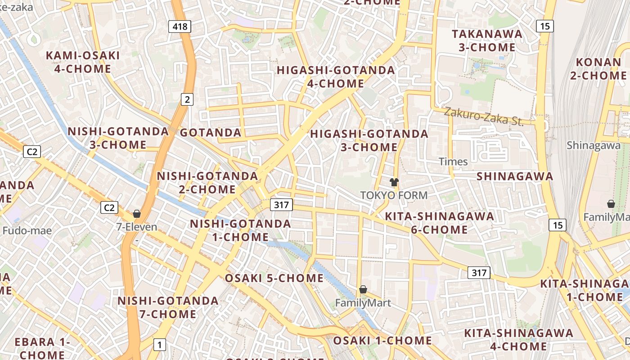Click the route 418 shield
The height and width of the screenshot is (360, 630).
(x=180, y=27)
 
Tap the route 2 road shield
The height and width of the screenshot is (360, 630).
(x=187, y=99)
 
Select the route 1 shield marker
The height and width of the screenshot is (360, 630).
(x=159, y=345)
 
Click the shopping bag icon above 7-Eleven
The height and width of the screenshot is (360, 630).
(x=136, y=214)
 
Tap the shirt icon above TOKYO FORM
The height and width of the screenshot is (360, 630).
(x=394, y=182)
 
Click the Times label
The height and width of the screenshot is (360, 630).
(x=453, y=161)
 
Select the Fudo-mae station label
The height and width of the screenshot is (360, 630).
(x=27, y=231)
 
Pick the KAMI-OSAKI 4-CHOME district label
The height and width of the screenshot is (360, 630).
(x=83, y=62)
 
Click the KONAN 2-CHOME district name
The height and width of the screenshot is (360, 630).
(x=598, y=69)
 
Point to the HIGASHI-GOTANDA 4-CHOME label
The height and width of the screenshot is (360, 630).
(x=336, y=76)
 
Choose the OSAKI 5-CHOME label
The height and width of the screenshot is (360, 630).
(x=274, y=278)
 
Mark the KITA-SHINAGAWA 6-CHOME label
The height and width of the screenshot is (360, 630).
(x=439, y=223)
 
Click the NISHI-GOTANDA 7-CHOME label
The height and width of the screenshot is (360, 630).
(x=168, y=307)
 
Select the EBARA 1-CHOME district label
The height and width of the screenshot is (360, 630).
(x=42, y=348)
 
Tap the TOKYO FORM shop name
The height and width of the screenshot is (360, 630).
(x=394, y=195)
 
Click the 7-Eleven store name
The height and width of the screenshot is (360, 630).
(x=137, y=227)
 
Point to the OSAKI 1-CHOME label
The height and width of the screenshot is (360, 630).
(x=382, y=341)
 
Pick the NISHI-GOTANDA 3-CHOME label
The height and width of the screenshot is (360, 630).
(x=118, y=138)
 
